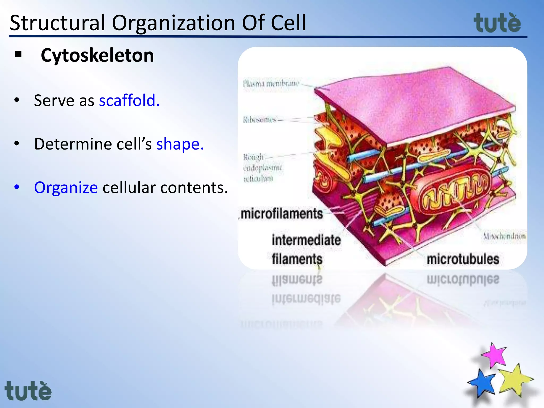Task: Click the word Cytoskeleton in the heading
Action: [97, 56]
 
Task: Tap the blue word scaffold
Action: [129, 100]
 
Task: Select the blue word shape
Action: [180, 144]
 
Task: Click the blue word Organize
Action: [66, 188]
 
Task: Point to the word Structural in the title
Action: [57, 23]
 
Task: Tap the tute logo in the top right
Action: [497, 23]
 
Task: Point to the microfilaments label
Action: [282, 214]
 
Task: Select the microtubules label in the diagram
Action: [463, 259]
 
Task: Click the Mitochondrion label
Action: [504, 236]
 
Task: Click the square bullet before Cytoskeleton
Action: [18, 54]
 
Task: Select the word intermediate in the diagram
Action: [306, 240]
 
